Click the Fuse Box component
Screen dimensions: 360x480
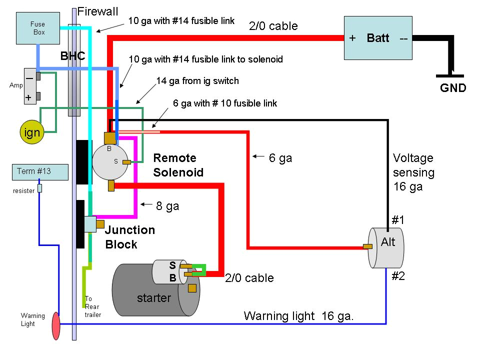[x=38, y=28]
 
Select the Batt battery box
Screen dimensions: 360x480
[x=378, y=38]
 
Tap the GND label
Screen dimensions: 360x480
[x=453, y=88]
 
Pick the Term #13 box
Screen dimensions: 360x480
[x=39, y=172]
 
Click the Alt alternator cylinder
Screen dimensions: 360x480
[x=387, y=247]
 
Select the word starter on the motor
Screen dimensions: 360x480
[x=153, y=298]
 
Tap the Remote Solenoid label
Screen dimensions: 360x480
[x=178, y=165]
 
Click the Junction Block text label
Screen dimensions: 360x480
[x=129, y=237]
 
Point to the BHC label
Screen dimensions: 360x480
[x=73, y=56]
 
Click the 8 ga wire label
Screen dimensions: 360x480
[x=167, y=205]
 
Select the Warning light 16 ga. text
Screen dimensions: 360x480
[x=299, y=316]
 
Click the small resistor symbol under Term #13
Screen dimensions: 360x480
[x=39, y=188]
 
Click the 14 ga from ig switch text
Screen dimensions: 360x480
[x=197, y=81]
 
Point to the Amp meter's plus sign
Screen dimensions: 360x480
[x=28, y=97]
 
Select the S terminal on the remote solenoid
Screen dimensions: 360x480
[x=127, y=162]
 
